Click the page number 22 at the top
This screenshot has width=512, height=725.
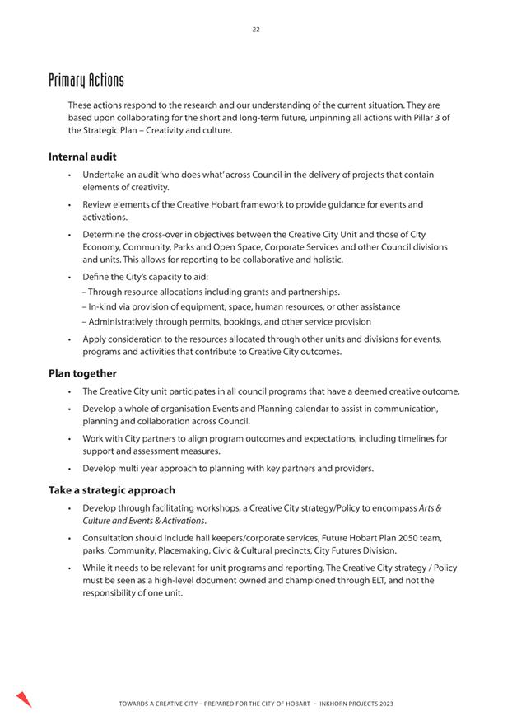[256, 30]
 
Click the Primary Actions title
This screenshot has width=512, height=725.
[86, 80]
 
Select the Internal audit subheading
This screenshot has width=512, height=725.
[82, 156]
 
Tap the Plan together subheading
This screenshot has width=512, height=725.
[82, 373]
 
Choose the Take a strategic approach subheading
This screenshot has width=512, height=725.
[111, 490]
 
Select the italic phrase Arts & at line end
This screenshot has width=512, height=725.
[429, 508]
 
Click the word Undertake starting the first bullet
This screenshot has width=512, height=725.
[105, 175]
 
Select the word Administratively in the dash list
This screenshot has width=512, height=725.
[125, 321]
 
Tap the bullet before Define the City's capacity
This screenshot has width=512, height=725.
[71, 277]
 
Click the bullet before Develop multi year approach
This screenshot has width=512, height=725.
[71, 469]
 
